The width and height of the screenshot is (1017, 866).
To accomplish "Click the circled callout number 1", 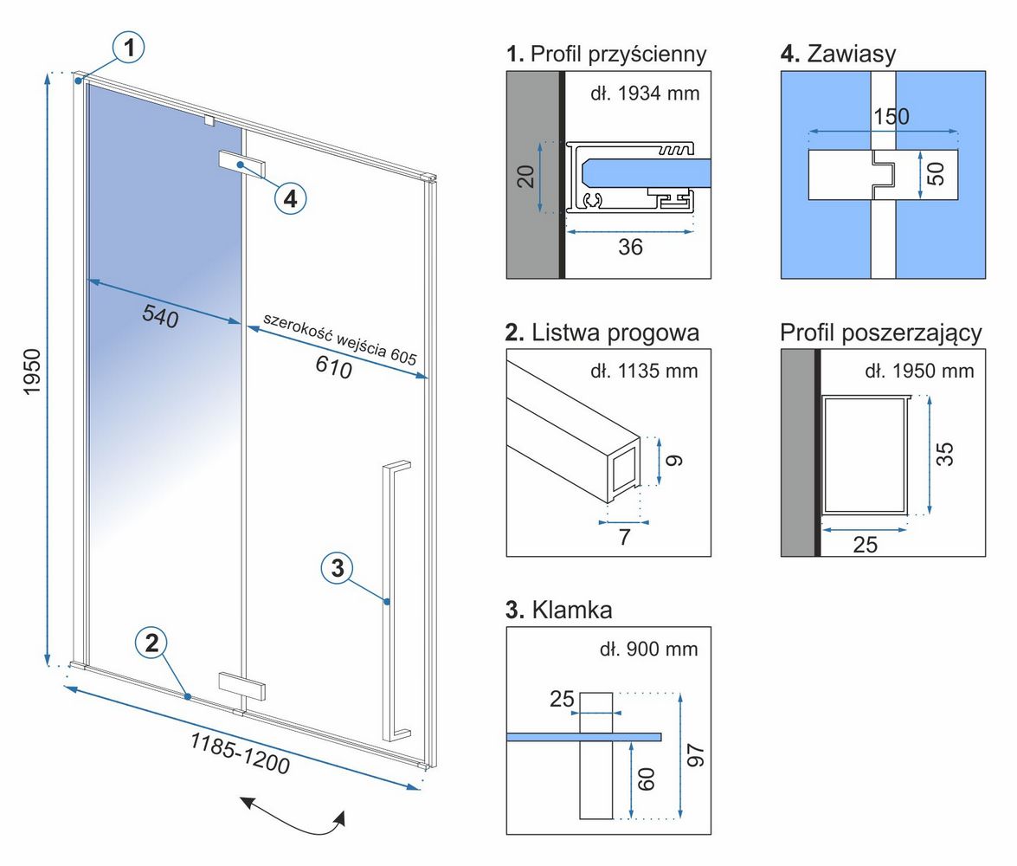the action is click(129, 48).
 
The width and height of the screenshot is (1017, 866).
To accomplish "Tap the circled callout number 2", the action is click(151, 643).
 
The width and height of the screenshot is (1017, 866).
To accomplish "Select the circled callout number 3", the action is click(338, 568).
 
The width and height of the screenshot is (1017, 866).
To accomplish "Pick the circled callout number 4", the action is click(290, 198).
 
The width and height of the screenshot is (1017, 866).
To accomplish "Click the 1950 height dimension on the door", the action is click(32, 371).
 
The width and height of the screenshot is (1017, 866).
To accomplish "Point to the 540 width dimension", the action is click(160, 316).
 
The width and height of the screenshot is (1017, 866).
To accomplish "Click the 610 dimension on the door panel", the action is click(334, 367).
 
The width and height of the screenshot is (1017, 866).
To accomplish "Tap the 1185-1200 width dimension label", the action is click(240, 753).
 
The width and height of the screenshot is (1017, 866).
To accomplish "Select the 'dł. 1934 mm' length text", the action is click(645, 94).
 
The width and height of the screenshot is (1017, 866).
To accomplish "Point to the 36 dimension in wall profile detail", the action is click(630, 247).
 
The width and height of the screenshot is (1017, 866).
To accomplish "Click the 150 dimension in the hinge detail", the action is click(891, 117).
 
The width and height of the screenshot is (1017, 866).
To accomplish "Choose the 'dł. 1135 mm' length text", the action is click(644, 372).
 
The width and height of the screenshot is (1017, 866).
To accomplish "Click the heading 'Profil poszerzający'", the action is click(881, 333).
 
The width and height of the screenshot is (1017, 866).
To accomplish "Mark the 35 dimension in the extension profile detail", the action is click(945, 454).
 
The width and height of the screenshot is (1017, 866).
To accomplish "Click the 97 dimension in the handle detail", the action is click(695, 756).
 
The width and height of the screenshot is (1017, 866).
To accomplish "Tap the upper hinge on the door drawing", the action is click(242, 165).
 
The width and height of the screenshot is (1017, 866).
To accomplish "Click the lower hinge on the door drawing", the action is click(242, 686).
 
